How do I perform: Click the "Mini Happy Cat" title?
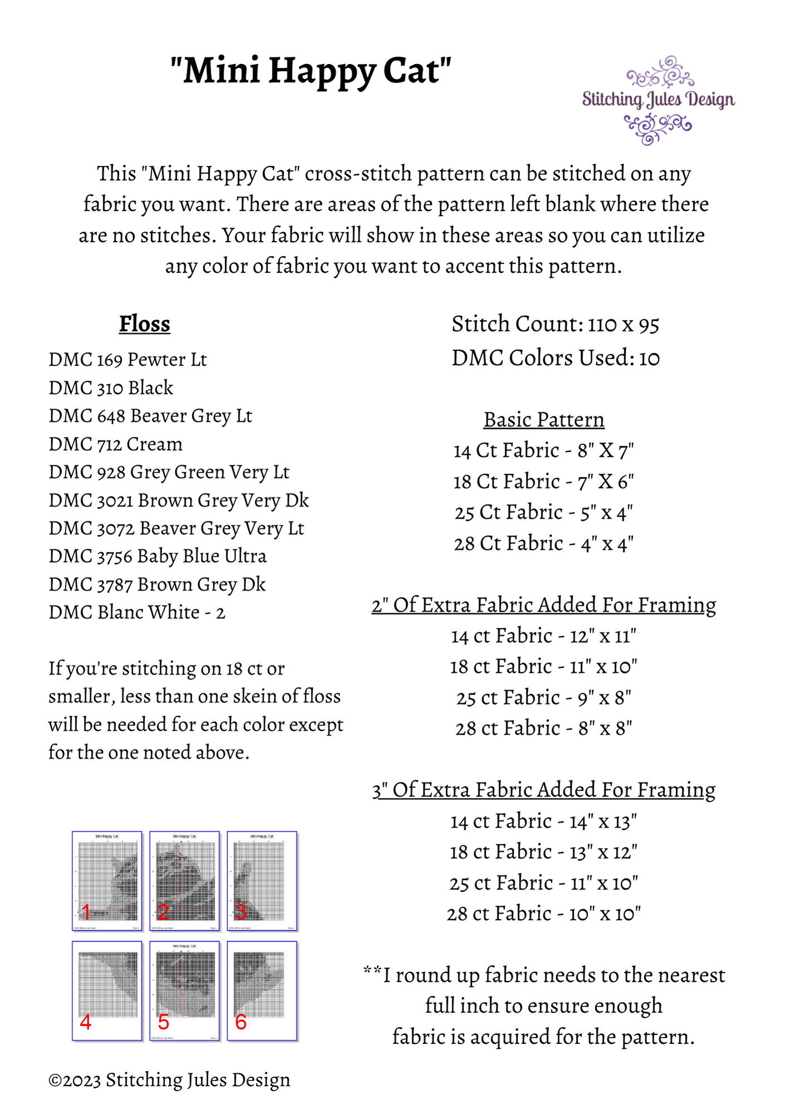click(x=311, y=71)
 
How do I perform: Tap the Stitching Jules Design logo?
click(x=658, y=100)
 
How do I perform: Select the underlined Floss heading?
click(x=144, y=324)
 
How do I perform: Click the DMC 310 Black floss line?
click(x=111, y=388)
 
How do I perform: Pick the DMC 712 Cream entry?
click(x=115, y=444)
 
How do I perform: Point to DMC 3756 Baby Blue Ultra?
click(x=157, y=556)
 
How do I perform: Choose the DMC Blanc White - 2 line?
click(x=136, y=612)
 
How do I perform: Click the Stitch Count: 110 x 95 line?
click(x=555, y=324)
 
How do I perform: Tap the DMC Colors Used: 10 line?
click(x=555, y=358)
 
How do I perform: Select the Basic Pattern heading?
click(x=544, y=419)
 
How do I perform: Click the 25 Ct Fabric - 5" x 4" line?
click(x=544, y=512)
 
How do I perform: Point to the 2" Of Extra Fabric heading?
click(x=544, y=605)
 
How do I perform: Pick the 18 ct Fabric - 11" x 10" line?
click(x=544, y=666)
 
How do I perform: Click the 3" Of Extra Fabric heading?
click(x=544, y=790)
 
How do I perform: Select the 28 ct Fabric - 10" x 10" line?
click(x=544, y=913)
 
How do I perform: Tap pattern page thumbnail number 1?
click(x=107, y=881)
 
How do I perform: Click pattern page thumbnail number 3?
click(x=262, y=881)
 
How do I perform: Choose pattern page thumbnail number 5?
click(x=184, y=990)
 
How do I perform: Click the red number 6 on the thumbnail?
click(x=241, y=1022)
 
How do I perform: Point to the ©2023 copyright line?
click(x=169, y=1079)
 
